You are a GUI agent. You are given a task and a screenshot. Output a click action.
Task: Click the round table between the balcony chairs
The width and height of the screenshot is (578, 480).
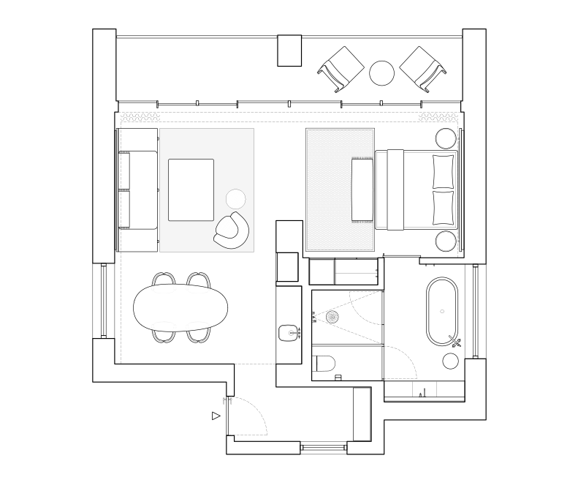point(381,72)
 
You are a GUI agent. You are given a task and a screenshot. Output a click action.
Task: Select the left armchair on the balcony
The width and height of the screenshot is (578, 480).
point(341,69)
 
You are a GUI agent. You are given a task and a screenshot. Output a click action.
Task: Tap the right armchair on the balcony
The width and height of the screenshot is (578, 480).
point(423,68)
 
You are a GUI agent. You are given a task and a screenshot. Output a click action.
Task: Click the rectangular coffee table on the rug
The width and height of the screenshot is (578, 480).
point(191,190)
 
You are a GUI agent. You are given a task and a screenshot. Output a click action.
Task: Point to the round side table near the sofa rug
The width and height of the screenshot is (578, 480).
point(236,198)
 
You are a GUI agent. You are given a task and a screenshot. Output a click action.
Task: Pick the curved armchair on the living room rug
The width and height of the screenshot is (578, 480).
point(232,231)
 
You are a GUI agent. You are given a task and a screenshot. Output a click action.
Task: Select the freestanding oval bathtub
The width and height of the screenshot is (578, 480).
point(443,311)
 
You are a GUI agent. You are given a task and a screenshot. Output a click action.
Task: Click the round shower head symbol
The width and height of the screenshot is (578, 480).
point(333,317)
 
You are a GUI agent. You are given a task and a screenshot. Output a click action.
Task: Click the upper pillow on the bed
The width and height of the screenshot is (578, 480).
point(443,171)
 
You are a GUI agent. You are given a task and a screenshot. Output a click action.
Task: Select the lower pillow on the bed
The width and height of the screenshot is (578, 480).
point(443,206)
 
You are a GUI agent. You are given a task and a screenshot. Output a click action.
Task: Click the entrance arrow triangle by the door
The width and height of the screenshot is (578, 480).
point(216,416)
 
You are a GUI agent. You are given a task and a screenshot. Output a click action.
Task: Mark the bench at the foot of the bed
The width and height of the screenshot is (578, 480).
point(362,189)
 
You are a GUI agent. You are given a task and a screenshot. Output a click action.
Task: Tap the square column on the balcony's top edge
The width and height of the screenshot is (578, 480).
point(289,50)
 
